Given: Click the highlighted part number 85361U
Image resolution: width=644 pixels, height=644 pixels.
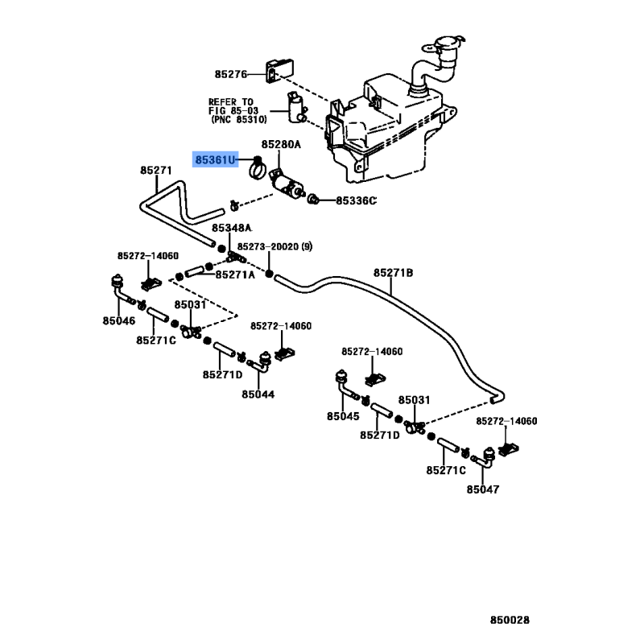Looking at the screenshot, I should tap(216, 159).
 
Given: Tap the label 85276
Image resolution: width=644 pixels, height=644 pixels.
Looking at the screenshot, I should tap(231, 74).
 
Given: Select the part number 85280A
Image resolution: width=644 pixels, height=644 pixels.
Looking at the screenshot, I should tap(279, 145).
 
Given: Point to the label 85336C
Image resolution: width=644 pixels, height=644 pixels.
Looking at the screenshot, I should tap(357, 200).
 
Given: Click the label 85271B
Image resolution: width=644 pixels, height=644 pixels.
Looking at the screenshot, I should tap(393, 274).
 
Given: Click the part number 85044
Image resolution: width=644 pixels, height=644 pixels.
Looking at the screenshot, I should tap(258, 394).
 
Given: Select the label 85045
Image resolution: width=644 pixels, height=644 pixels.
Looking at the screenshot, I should tap(344, 416).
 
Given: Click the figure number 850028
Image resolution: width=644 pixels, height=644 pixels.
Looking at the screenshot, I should tap(510, 620).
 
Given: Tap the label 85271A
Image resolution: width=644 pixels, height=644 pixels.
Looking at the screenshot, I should tap(235, 275).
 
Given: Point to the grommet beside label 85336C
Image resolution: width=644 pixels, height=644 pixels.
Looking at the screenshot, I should tap(316, 198).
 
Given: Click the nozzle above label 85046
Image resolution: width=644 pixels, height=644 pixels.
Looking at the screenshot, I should tap(115, 283).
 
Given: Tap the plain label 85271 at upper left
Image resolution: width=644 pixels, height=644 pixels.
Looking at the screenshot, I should tap(156, 171).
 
